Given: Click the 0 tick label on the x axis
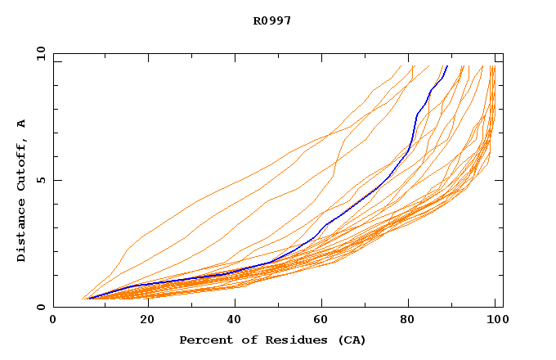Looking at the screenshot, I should coord(53,320).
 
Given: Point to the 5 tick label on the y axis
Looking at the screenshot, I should coord(40,180).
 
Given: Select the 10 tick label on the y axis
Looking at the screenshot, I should coord(40,53).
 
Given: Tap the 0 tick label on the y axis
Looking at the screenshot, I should coord(40,307).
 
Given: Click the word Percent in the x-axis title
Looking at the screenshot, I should coord(203,340).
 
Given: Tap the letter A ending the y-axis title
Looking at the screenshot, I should coord(22,124).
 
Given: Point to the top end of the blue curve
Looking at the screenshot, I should coord(447,66).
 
